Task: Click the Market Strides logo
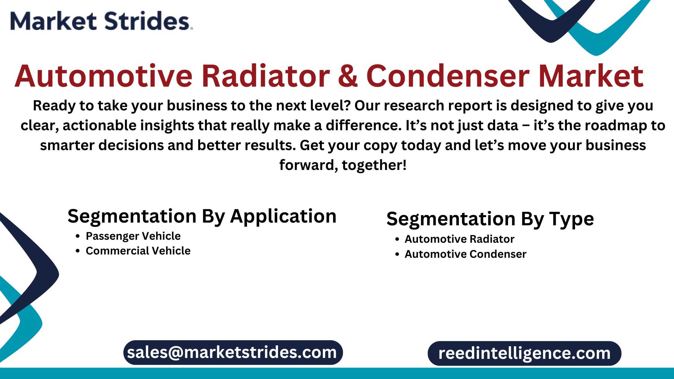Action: [101, 21]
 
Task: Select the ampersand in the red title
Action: [348, 76]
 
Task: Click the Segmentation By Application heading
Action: [202, 216]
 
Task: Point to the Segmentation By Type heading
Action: [490, 219]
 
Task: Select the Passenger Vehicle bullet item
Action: [133, 236]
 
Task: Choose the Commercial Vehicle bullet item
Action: [138, 251]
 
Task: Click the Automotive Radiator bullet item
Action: [459, 239]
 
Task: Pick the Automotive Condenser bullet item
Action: [465, 254]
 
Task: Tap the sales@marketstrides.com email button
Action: [233, 353]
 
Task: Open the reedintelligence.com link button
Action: [524, 353]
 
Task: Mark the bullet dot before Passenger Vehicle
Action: [78, 236]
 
